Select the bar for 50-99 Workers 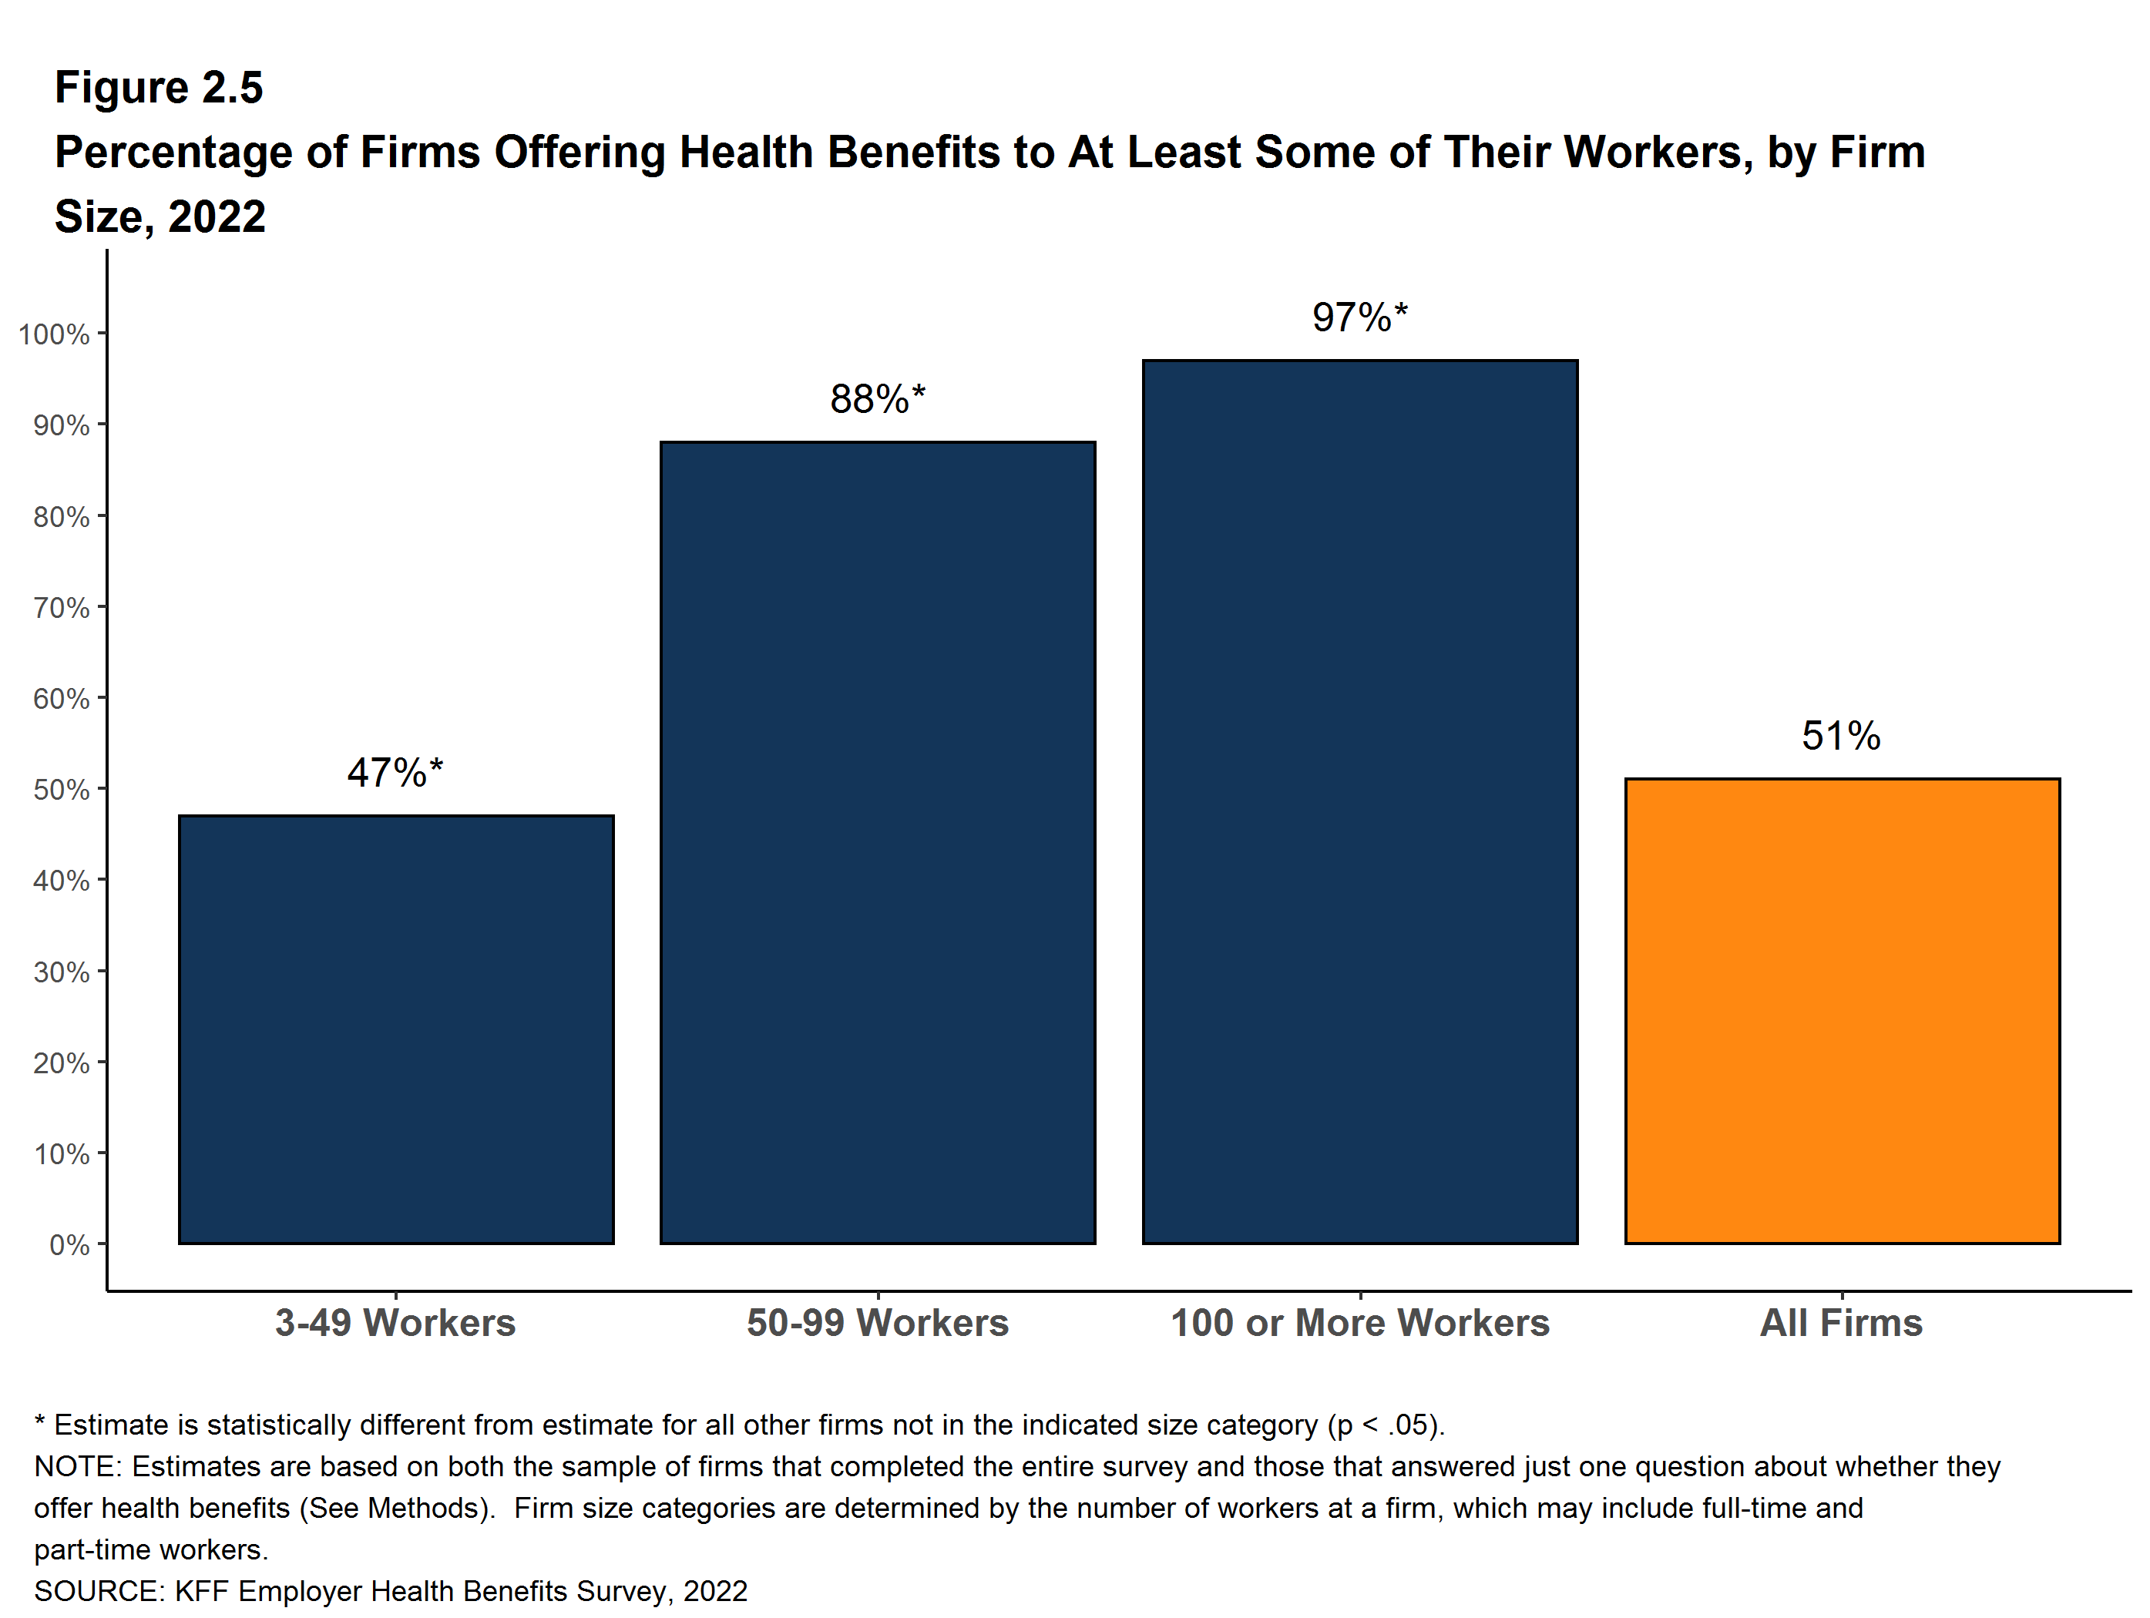coord(878,843)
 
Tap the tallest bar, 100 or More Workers coord(1360,802)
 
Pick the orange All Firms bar coord(1842,1011)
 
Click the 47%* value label coord(395,773)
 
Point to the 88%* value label coord(877,399)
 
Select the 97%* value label coord(1359,317)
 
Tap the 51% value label coord(1841,736)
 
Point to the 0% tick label coord(69,1245)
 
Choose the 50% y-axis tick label coord(61,789)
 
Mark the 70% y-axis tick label coord(61,607)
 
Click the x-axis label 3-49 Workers coord(395,1323)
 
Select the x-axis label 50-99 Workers coord(878,1323)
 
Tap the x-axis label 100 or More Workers coord(1360,1323)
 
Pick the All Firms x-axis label coord(1841,1323)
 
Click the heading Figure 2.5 coord(159,88)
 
